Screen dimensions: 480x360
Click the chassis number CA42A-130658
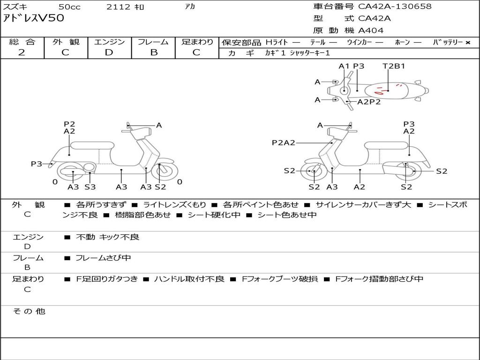pyautogui.click(x=395, y=7)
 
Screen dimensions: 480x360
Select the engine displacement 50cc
pyautogui.click(x=69, y=7)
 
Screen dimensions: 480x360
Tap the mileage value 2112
pyautogui.click(x=118, y=7)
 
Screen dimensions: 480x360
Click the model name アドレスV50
pyautogui.click(x=33, y=18)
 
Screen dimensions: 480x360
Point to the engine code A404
pyautogui.click(x=371, y=30)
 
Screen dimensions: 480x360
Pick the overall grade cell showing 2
pyautogui.click(x=22, y=52)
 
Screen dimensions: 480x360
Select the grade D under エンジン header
pyautogui.click(x=109, y=52)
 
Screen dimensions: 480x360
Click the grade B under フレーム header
pyautogui.click(x=154, y=52)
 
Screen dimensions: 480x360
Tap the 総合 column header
pyautogui.click(x=22, y=42)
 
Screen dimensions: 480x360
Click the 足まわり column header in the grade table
pyautogui.click(x=197, y=42)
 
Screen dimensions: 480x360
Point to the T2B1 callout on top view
pyautogui.click(x=394, y=66)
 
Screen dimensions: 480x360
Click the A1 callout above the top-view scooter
pyautogui.click(x=344, y=66)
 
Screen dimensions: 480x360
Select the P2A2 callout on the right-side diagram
pyautogui.click(x=283, y=143)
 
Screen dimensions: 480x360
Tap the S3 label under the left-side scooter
pyautogui.click(x=90, y=187)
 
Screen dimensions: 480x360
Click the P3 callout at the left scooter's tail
pyautogui.click(x=37, y=164)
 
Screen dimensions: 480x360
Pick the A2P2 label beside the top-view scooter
pyautogui.click(x=369, y=102)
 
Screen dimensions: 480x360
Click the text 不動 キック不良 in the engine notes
pyautogui.click(x=108, y=237)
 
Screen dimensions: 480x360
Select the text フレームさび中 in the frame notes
pyautogui.click(x=103, y=258)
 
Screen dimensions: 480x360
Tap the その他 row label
pyautogui.click(x=29, y=311)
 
